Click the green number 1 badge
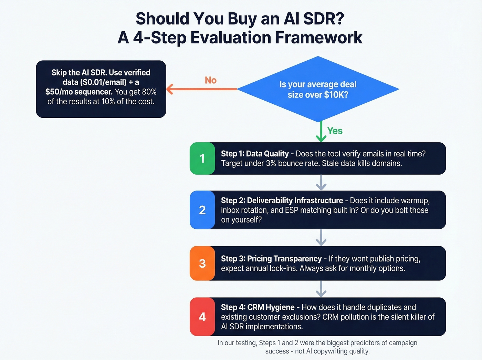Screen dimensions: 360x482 (202, 158)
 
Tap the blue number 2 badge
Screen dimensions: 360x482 (202, 210)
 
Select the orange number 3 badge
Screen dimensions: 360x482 (202, 263)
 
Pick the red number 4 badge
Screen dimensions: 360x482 (202, 317)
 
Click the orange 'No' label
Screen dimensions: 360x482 (211, 80)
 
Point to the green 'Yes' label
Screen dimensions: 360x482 (335, 131)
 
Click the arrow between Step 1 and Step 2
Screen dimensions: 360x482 (321, 183)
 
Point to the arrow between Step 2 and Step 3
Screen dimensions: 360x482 (321, 237)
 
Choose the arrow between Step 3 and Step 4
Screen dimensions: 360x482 (321, 289)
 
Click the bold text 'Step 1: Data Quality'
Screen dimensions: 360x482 (255, 154)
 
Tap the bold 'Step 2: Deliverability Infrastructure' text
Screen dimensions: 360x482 (282, 200)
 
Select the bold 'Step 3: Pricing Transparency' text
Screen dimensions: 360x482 (271, 259)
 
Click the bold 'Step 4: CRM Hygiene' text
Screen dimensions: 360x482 (258, 307)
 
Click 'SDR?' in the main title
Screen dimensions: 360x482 (324, 19)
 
